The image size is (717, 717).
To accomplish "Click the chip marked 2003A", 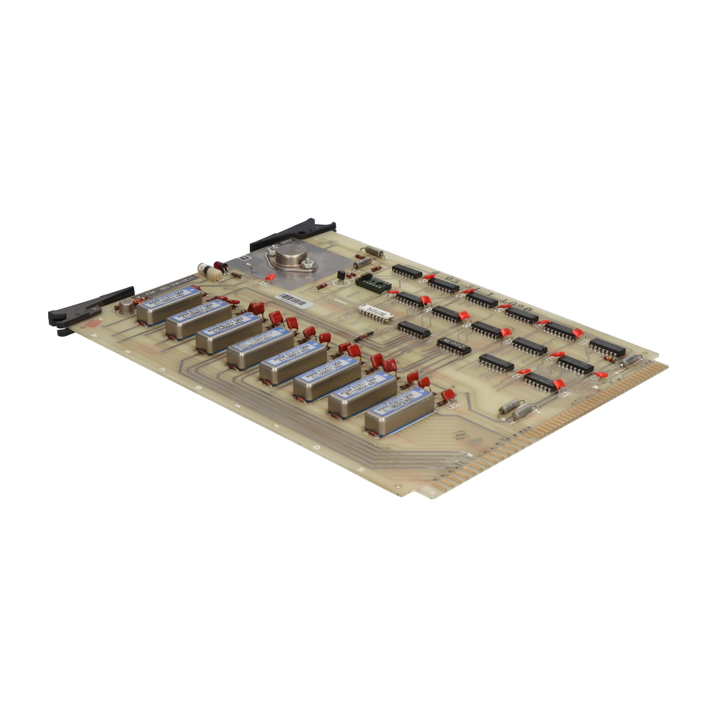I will tap(454, 346).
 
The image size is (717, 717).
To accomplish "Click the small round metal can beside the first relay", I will tap(127, 307).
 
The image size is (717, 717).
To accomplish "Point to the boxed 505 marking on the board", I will tap(460, 436).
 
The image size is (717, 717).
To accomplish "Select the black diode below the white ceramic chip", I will tap(363, 336).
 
